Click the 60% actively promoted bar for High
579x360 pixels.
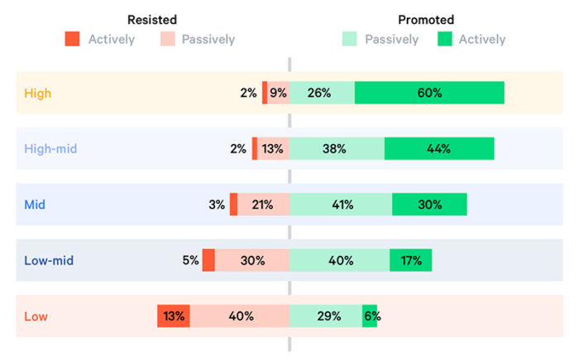[429, 94]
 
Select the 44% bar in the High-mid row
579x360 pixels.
[439, 149]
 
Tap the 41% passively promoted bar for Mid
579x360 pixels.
[341, 204]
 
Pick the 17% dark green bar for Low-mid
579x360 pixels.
[410, 260]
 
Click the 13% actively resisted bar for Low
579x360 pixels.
[174, 316]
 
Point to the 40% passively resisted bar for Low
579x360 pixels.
[240, 316]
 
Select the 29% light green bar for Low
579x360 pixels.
[326, 316]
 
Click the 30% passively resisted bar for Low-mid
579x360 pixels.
[252, 260]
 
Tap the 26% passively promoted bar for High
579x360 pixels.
[322, 94]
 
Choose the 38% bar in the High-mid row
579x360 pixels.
[337, 149]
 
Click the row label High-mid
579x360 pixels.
[50, 149]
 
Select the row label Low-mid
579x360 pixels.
[49, 260]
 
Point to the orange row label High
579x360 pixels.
[37, 94]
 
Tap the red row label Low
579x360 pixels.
[36, 316]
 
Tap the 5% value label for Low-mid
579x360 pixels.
[190, 260]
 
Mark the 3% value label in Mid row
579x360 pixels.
[217, 204]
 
